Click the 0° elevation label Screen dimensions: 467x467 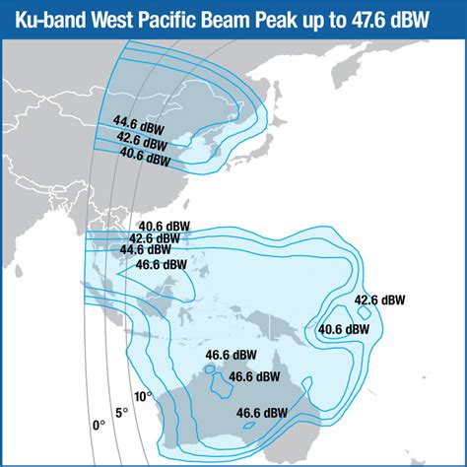pyautogui.click(x=99, y=425)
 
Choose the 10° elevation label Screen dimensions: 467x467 pyautogui.click(x=143, y=396)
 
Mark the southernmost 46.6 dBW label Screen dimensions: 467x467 pyautogui.click(x=262, y=413)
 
